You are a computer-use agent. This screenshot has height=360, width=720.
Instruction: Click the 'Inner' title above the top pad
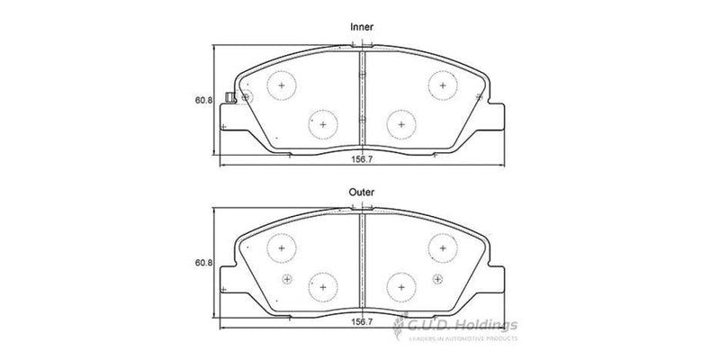(361, 28)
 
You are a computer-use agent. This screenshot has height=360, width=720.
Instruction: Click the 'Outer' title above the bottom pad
(361, 192)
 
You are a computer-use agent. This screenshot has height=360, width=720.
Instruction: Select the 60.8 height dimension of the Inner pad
(203, 101)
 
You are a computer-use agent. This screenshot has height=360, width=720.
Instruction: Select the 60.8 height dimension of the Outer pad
(203, 263)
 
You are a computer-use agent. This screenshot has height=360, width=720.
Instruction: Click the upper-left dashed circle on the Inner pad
(283, 85)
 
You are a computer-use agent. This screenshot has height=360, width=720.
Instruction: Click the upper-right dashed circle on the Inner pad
(441, 85)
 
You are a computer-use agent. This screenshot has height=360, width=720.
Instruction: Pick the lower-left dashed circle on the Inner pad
(322, 122)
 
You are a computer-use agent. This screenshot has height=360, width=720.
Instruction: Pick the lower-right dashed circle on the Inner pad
(400, 122)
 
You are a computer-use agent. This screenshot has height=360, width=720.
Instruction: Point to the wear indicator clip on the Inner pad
(231, 98)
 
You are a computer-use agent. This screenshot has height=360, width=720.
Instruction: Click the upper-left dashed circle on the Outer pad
(283, 248)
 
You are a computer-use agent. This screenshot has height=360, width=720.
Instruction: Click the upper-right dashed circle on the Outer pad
(441, 248)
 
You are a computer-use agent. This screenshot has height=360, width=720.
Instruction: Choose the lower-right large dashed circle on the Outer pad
(400, 286)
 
